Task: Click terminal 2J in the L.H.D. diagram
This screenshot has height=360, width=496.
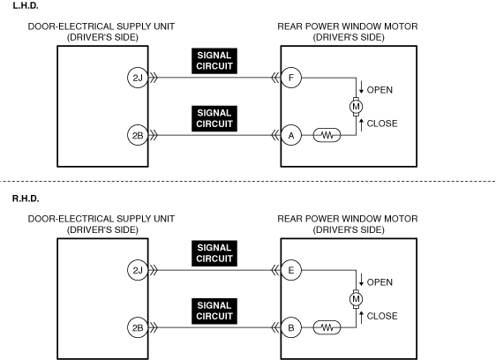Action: (x=138, y=78)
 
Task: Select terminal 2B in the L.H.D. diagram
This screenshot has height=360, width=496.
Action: (x=138, y=135)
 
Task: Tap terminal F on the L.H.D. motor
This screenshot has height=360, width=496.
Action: (x=291, y=78)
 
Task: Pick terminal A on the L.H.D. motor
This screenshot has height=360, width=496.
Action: (x=291, y=135)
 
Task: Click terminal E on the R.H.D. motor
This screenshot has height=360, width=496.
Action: (x=291, y=270)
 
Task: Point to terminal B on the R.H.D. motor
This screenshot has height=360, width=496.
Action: (x=291, y=327)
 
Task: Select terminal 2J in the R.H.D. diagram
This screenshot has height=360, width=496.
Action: (x=138, y=270)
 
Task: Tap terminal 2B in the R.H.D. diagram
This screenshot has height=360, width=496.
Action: (x=138, y=327)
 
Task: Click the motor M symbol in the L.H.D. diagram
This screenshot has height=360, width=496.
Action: (x=356, y=107)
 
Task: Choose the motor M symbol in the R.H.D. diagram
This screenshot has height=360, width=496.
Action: (x=356, y=299)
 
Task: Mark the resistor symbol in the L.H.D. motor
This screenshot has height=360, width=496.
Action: (x=327, y=135)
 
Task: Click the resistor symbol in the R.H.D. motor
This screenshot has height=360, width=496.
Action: (x=327, y=327)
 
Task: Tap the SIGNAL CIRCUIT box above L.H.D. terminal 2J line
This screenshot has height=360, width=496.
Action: (x=214, y=61)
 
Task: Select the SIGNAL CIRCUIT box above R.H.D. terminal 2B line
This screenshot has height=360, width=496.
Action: (x=214, y=311)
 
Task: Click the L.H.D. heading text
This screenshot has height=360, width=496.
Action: (x=26, y=5)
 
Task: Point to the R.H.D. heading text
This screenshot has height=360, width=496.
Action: (x=26, y=199)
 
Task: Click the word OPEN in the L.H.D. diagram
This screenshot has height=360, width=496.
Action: (x=380, y=90)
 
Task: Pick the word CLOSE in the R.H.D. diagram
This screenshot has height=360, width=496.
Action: (x=382, y=316)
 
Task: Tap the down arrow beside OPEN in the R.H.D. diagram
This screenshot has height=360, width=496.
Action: (x=361, y=280)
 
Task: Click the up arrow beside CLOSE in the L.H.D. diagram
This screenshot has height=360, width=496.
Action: (x=361, y=124)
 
